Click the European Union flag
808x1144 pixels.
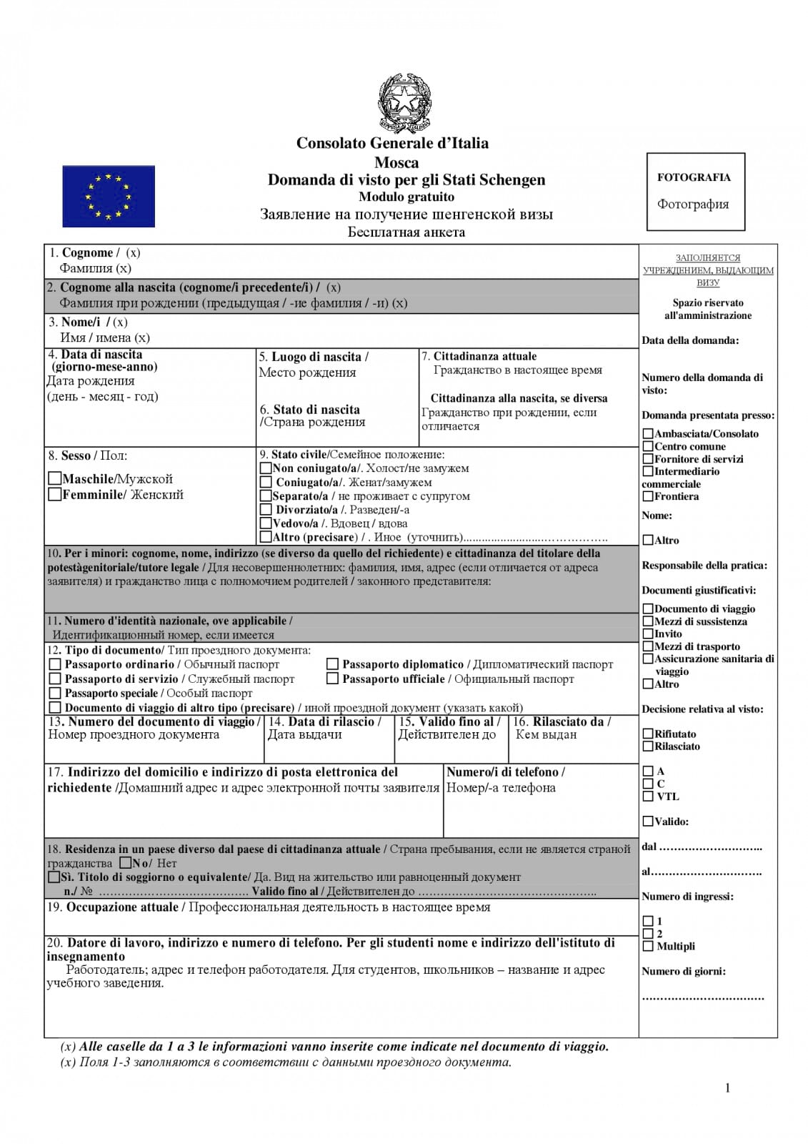point(109,196)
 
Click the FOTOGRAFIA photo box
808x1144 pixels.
point(695,192)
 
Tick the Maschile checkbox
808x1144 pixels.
point(54,478)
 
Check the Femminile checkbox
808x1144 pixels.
point(54,494)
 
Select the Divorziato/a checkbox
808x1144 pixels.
point(266,510)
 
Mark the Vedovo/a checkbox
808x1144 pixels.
point(266,523)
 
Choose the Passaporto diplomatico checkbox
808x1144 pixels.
point(333,664)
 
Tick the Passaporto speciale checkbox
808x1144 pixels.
point(55,693)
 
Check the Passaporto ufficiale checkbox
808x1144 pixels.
point(333,679)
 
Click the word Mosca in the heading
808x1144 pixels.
point(396,162)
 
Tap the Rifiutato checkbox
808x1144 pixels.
point(648,734)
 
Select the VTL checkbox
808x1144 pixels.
point(648,796)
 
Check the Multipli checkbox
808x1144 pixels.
point(648,946)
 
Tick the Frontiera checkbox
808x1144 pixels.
point(648,496)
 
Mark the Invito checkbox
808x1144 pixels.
point(648,633)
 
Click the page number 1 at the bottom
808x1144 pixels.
point(727,1088)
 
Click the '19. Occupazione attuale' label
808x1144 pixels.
point(113,907)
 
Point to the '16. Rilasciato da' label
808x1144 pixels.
point(562,721)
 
